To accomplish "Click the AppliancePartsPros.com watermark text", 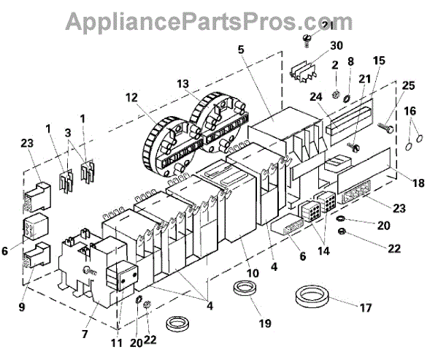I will (219, 22).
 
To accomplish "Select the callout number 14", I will (319, 250).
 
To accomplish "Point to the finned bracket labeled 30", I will (306, 73).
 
